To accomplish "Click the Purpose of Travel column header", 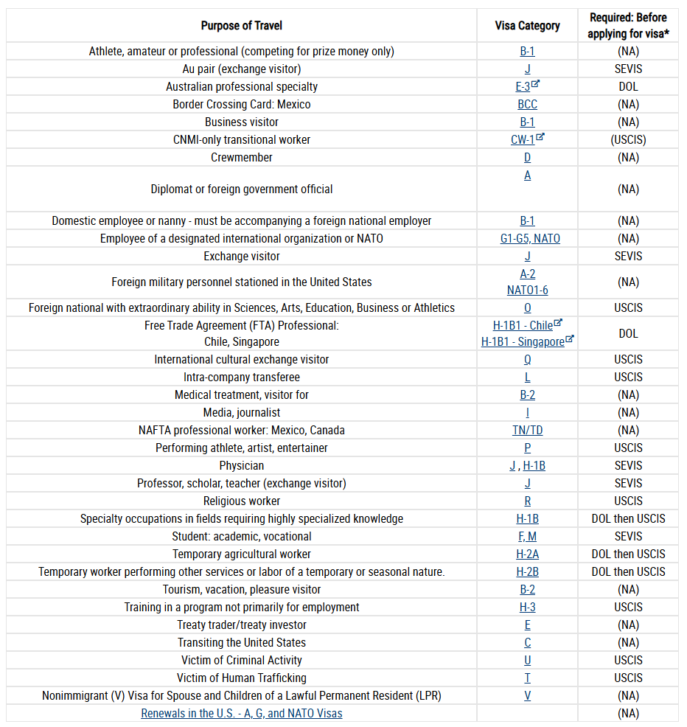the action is [242, 26].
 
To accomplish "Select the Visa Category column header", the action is [527, 26].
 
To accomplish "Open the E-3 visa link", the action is [523, 87].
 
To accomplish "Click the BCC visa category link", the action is [527, 104].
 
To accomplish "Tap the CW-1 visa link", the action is [523, 139].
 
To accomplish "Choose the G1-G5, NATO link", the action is [530, 238].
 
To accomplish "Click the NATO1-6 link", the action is [527, 291].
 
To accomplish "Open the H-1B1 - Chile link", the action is [523, 325].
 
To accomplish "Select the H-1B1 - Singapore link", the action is [523, 341].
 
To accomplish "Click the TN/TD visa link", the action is [527, 431].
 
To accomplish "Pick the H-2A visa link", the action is [527, 554].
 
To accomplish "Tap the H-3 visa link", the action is [527, 607].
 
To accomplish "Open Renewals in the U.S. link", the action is [242, 713].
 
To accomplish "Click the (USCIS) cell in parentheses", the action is [628, 139].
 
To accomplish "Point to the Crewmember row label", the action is [242, 157].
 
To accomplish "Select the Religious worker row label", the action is [242, 501].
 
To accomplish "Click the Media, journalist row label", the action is [242, 413].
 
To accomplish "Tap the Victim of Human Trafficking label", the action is [242, 678].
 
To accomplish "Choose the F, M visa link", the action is [527, 537].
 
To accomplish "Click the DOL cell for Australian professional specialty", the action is [628, 87].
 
